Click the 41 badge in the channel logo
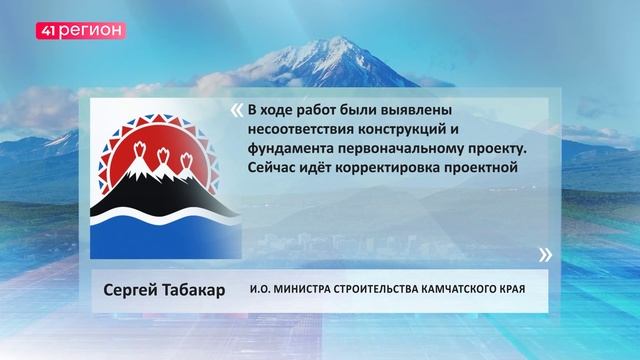point(51,31)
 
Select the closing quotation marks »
point(544,254)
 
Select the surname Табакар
point(197,291)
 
